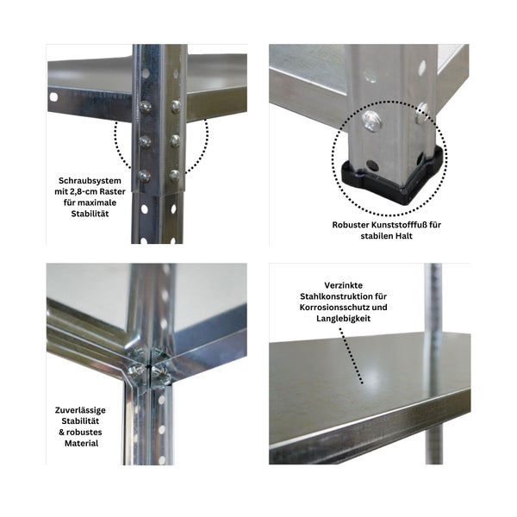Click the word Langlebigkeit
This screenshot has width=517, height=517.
[x=355, y=321]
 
